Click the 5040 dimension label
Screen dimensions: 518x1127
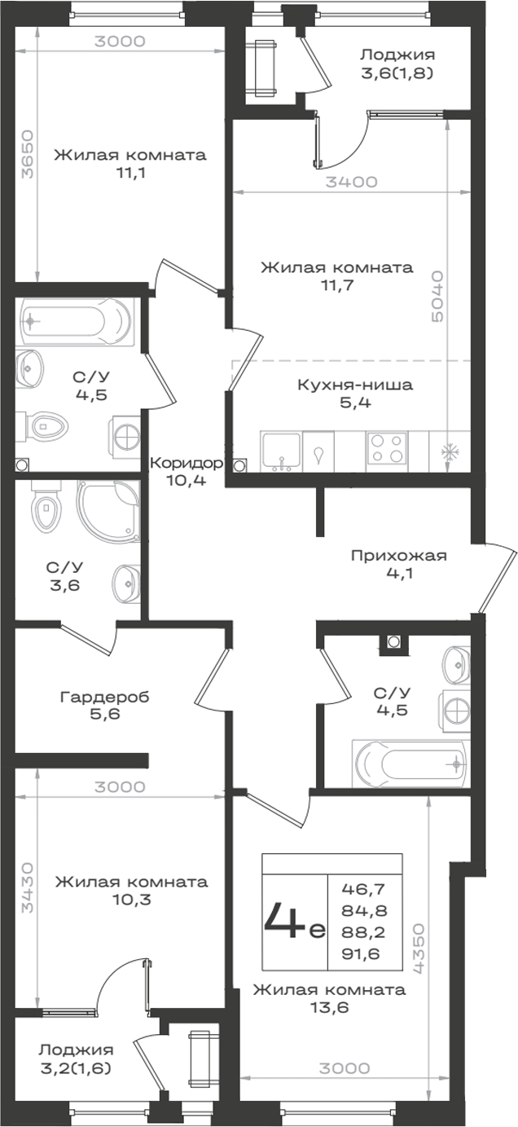click(437, 297)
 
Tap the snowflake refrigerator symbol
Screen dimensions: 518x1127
click(447, 452)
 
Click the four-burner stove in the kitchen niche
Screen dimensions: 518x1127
click(387, 447)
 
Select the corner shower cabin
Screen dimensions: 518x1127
click(108, 511)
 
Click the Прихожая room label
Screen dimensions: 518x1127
click(399, 556)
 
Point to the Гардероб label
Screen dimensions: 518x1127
click(105, 698)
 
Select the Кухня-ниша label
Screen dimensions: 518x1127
click(355, 385)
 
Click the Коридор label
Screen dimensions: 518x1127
click(187, 462)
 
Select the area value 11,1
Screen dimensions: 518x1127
click(130, 173)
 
